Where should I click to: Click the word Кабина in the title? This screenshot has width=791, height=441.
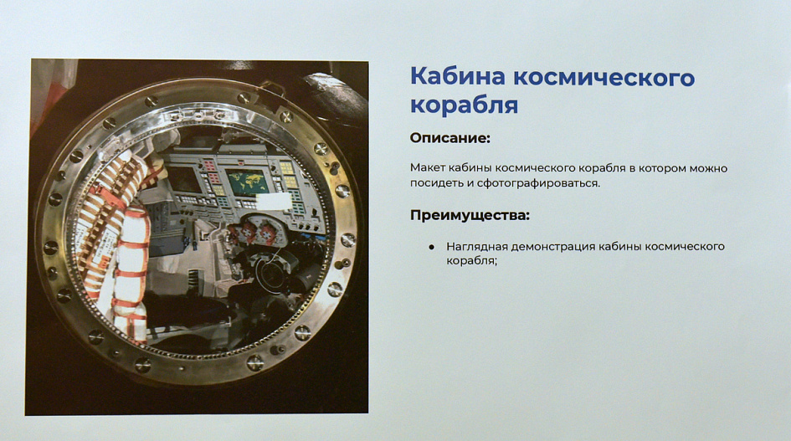[x=458, y=77]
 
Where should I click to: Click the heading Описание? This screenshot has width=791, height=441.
[x=450, y=138]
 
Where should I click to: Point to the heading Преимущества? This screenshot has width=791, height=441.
[x=470, y=215]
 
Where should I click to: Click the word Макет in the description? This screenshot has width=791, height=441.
[x=427, y=168]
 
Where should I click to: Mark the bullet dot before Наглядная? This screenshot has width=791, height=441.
[x=431, y=247]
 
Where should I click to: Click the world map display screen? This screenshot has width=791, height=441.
[x=247, y=182]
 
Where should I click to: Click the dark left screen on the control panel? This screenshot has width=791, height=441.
[x=185, y=180]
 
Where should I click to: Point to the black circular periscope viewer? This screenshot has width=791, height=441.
[x=272, y=275]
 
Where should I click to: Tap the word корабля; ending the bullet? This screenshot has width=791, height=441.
[x=472, y=261]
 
